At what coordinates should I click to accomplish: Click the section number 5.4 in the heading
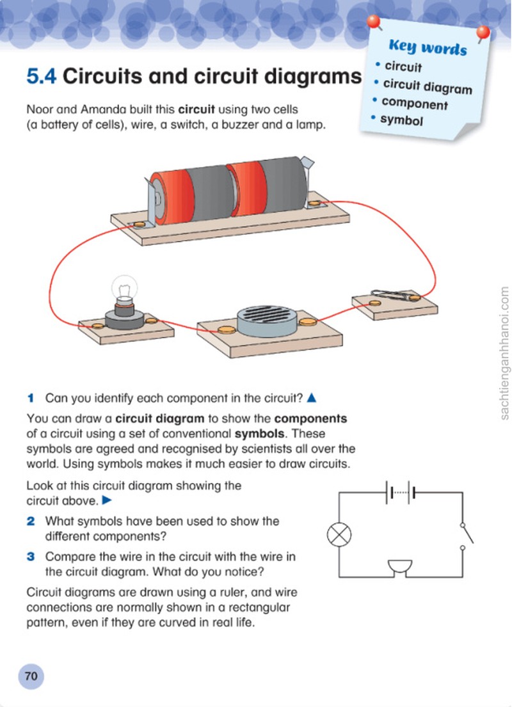[x=42, y=76]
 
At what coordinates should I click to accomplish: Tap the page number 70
[x=31, y=676]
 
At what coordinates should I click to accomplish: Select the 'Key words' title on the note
[x=428, y=47]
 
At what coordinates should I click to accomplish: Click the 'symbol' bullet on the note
[x=401, y=120]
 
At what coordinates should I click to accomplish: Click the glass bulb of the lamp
[x=124, y=288]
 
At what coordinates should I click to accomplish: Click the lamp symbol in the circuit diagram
[x=339, y=536]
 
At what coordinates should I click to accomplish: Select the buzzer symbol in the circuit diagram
[x=400, y=568]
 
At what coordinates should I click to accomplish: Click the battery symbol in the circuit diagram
[x=401, y=493]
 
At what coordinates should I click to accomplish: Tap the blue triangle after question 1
[x=311, y=398]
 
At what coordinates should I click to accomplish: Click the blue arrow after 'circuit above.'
[x=107, y=500]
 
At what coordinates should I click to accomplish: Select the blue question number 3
[x=31, y=557]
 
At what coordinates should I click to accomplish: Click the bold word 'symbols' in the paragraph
[x=259, y=433]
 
